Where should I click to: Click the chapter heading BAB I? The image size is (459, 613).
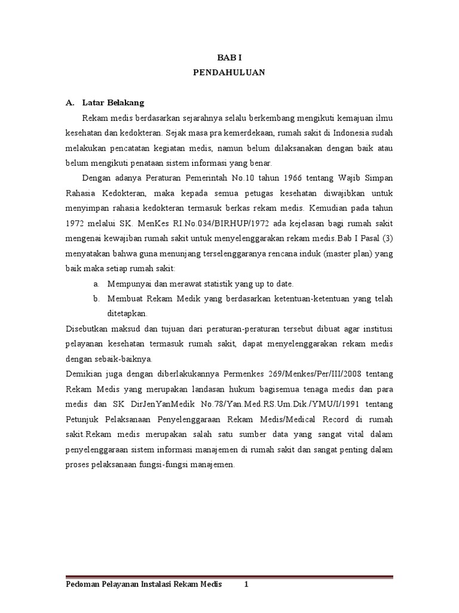[x=229, y=57]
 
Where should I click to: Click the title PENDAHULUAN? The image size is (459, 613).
[x=229, y=72]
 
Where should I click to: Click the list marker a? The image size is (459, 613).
[x=96, y=283]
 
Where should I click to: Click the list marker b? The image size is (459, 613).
[x=96, y=298]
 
